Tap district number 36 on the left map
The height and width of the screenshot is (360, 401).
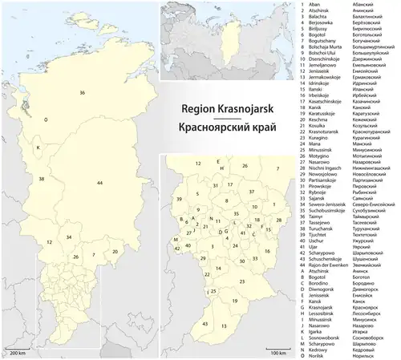tap(83, 94)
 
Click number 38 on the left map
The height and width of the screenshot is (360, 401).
tap(41, 179)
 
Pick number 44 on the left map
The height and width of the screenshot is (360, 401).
tap(99, 184)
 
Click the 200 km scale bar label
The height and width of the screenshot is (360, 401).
tap(15, 351)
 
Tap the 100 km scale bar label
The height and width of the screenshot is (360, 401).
tap(277, 351)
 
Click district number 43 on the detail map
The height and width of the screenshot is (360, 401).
tap(206, 322)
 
